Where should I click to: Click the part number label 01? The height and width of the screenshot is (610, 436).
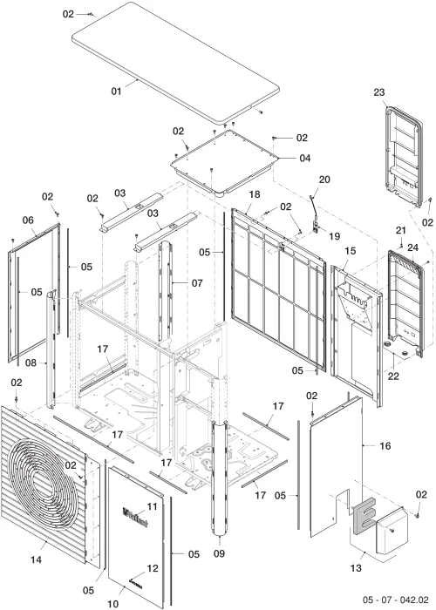click(116, 91)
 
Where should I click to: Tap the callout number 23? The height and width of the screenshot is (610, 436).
click(379, 92)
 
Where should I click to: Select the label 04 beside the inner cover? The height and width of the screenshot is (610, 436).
click(305, 158)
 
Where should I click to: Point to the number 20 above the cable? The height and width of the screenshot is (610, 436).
click(324, 180)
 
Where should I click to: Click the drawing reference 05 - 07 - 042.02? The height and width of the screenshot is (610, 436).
click(396, 600)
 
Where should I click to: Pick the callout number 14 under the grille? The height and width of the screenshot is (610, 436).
click(37, 559)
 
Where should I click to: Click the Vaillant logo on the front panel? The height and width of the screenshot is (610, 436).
click(135, 518)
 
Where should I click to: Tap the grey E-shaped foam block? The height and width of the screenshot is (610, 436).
click(364, 514)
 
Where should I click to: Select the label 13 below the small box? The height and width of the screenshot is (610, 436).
click(356, 568)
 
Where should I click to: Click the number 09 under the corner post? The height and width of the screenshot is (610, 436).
click(220, 553)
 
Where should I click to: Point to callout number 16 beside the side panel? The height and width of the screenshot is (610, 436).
click(385, 446)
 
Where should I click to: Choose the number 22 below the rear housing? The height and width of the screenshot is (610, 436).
click(393, 376)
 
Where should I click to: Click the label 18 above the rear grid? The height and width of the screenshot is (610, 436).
click(255, 194)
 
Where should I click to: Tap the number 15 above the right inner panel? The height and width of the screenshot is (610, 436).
click(351, 251)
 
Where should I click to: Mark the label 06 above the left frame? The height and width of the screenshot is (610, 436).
click(28, 220)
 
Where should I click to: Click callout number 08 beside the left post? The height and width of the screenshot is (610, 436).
click(31, 363)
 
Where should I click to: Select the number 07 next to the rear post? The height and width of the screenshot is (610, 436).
click(197, 283)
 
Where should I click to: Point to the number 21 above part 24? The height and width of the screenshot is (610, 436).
click(401, 230)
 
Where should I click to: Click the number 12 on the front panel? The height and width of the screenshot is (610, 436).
click(153, 568)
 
